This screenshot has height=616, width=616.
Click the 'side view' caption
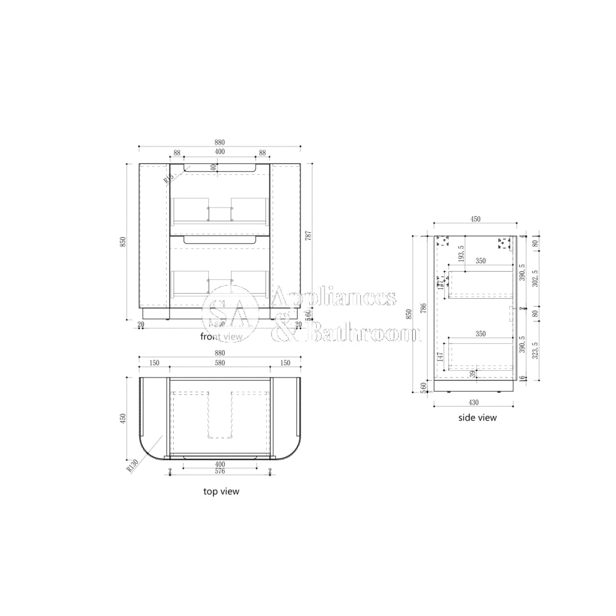[477, 418]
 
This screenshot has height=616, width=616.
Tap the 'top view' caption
[221, 492]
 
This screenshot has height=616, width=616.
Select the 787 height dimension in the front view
[308, 236]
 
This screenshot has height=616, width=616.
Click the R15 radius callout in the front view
[168, 179]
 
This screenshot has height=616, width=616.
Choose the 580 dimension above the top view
[219, 363]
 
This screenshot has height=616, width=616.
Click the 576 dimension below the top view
[219, 471]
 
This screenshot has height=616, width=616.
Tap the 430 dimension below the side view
[473, 402]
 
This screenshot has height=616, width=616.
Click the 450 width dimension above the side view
[475, 219]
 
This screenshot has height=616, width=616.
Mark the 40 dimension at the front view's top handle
[214, 167]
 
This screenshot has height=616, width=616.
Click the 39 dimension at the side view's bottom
[473, 373]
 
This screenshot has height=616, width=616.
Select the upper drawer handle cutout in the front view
[219, 168]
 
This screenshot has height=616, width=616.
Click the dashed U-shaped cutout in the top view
[219, 425]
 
